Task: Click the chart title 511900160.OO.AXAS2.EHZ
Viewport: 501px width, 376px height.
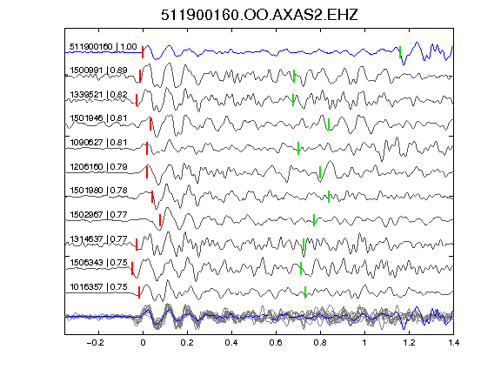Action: click(259, 15)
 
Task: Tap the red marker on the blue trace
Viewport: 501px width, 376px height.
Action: click(143, 52)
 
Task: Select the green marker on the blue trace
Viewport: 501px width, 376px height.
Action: click(400, 52)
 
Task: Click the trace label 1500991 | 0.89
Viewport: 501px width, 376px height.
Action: click(98, 70)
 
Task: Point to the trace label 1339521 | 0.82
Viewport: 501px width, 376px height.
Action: click(98, 94)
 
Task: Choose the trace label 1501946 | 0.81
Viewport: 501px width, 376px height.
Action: click(98, 118)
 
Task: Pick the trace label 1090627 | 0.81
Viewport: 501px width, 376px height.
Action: click(98, 142)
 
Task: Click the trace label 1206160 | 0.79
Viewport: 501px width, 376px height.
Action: click(98, 166)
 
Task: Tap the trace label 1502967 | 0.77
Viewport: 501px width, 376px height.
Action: click(98, 214)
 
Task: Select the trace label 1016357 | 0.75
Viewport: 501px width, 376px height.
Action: click(98, 287)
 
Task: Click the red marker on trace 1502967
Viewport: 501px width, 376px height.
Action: click(160, 220)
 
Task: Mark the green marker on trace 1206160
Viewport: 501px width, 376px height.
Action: click(320, 172)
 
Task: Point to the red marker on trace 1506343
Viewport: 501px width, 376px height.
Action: click(132, 269)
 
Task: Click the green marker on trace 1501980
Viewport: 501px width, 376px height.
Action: click(329, 197)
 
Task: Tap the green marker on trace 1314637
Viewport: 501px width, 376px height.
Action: click(304, 245)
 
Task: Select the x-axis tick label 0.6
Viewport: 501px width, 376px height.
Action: click(276, 343)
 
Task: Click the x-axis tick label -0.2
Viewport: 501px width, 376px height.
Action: click(95, 343)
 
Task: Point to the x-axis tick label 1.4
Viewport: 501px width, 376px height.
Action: click(453, 343)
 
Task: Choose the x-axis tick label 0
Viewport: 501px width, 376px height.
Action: click(143, 343)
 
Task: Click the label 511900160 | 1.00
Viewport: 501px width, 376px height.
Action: click(104, 47)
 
